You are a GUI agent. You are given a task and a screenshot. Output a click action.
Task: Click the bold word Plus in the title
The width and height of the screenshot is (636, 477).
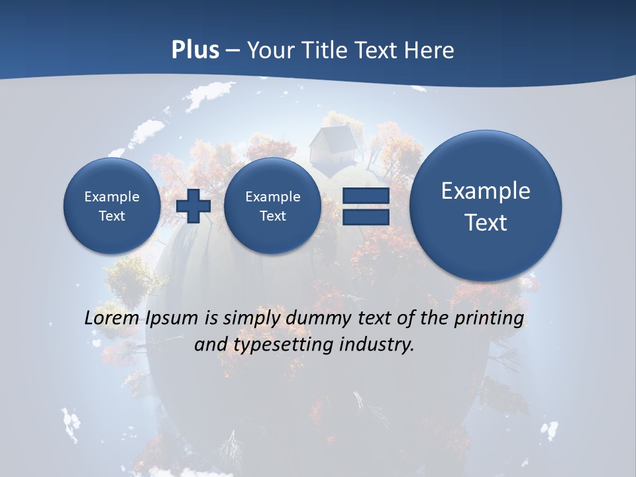[x=195, y=50]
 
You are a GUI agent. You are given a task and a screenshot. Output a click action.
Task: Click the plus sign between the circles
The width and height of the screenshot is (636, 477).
[x=193, y=205]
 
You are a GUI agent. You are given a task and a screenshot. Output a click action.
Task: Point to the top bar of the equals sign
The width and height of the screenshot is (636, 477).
[x=366, y=196]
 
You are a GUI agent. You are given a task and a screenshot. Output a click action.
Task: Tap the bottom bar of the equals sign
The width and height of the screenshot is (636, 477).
[x=366, y=217]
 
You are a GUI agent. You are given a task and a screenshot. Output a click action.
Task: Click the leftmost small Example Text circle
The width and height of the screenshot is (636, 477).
[x=112, y=206]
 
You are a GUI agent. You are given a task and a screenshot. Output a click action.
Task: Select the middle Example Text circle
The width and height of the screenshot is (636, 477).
[x=272, y=206]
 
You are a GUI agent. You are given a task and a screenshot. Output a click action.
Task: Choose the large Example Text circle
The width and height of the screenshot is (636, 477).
[x=486, y=206]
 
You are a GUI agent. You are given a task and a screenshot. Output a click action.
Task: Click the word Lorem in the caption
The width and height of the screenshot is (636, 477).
[x=111, y=318]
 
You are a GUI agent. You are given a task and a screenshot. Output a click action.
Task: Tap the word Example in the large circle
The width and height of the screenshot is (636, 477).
[x=486, y=191]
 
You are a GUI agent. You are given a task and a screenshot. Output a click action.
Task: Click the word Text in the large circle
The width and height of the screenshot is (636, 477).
[x=486, y=223]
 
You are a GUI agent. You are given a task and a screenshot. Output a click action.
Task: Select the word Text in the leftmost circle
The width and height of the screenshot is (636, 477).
[x=112, y=216]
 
